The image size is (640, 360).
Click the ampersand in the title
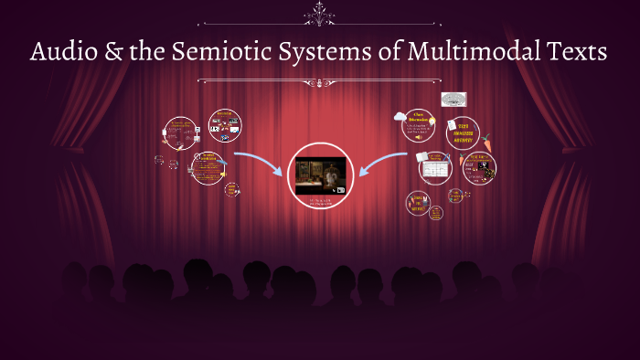coord(112,53)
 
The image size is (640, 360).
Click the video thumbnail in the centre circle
coord(319,173)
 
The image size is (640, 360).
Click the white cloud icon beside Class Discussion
coord(400,116)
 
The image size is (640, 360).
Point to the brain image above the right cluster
coord(453,99)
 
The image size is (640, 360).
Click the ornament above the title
coord(320,14)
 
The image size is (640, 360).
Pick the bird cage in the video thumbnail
coord(306,171)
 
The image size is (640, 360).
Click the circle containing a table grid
coord(434,169)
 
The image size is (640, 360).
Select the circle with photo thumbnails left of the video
coord(224,125)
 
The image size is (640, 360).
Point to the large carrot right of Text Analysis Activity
coord(487,142)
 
